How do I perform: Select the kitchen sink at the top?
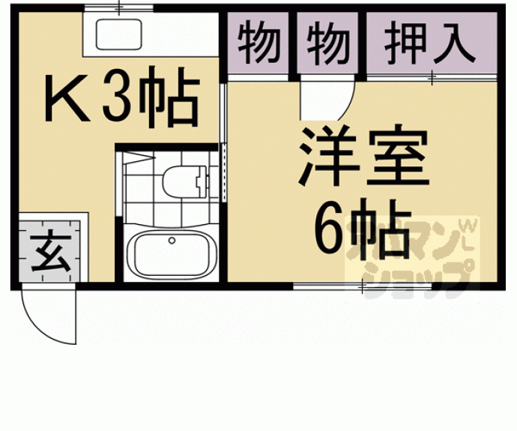(119, 34)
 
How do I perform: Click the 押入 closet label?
(430, 44)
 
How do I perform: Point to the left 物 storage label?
(259, 44)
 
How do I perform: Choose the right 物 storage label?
(328, 44)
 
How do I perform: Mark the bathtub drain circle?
(172, 241)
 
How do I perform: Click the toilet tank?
(199, 180)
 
